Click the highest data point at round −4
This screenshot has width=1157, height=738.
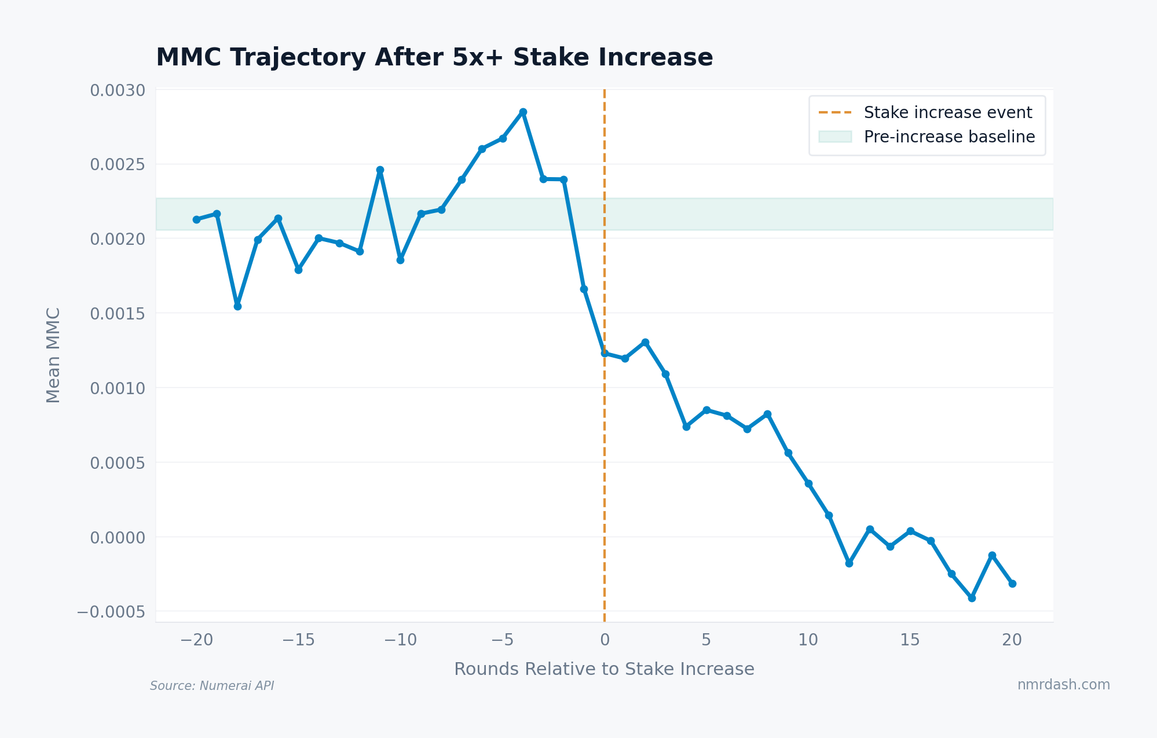click(x=523, y=112)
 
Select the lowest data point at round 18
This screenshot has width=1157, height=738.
click(x=972, y=598)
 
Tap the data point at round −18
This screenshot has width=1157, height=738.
click(x=237, y=306)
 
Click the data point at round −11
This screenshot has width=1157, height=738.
click(x=380, y=170)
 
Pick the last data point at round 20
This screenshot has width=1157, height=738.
click(x=1012, y=583)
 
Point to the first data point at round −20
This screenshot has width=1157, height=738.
click(x=196, y=219)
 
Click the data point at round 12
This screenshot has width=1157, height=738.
click(x=849, y=563)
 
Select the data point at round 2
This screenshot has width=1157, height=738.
click(x=645, y=342)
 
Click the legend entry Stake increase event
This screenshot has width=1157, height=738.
click(x=947, y=112)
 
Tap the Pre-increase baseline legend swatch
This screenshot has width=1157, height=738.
click(x=834, y=137)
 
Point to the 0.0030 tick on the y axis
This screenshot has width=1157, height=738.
click(x=118, y=90)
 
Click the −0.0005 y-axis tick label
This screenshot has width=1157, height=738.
click(x=111, y=612)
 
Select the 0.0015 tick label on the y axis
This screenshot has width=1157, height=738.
click(x=118, y=314)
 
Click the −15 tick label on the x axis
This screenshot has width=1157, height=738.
click(x=298, y=640)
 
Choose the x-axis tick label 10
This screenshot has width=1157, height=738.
click(x=808, y=640)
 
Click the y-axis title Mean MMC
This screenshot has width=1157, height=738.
click(x=53, y=355)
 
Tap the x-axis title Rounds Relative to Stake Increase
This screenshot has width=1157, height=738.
click(x=604, y=669)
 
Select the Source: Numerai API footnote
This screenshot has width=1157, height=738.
click(x=212, y=686)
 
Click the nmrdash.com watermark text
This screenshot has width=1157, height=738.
click(x=1063, y=685)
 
